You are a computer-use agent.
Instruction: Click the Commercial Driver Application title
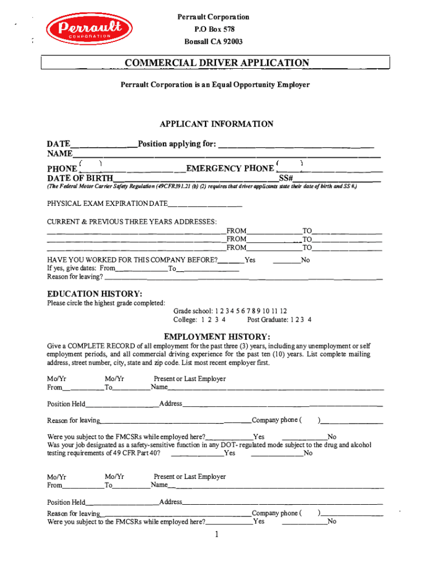[x=217, y=63]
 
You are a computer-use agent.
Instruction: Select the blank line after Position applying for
[x=296, y=145]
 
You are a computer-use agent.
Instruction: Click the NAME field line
[x=227, y=156]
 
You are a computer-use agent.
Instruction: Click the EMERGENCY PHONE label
[x=229, y=168]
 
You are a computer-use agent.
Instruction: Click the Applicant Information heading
[x=216, y=124]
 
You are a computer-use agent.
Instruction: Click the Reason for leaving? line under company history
[x=243, y=278]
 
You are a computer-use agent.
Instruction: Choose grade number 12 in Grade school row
[x=283, y=311]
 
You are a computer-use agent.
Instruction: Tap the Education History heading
[x=95, y=294]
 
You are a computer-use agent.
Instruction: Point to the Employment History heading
[x=217, y=336]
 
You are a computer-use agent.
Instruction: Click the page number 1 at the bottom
[x=216, y=534]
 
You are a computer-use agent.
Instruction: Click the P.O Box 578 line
[x=214, y=30]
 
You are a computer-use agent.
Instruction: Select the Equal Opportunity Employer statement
[x=215, y=84]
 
